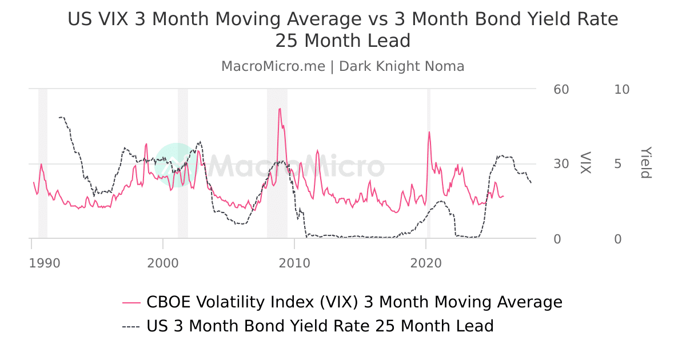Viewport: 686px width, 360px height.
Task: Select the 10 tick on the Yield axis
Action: [621, 90]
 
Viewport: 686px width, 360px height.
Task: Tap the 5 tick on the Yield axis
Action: [617, 164]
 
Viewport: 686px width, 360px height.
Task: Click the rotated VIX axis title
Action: [585, 163]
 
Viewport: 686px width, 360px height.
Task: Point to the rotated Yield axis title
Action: [645, 163]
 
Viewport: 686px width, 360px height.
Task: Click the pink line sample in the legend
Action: [131, 302]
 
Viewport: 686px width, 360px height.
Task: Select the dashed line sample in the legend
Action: [131, 326]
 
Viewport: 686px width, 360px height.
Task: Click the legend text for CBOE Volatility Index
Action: [354, 302]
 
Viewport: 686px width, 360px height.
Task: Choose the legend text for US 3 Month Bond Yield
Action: [320, 326]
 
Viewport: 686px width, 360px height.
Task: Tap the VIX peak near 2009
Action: [280, 109]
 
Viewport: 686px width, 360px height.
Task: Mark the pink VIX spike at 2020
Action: [429, 132]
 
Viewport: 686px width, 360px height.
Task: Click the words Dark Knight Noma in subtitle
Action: [402, 66]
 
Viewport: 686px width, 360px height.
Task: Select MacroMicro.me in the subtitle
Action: [273, 66]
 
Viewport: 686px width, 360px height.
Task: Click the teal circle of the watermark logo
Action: [175, 165]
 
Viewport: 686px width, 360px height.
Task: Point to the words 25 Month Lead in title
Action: [343, 41]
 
